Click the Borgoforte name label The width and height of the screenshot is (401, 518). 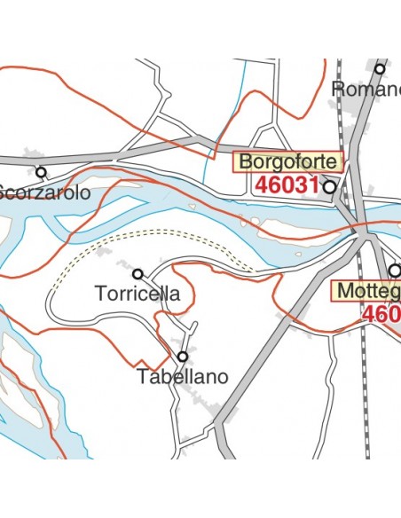(288, 162)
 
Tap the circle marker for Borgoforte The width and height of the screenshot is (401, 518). (330, 187)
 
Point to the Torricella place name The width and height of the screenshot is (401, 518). (138, 294)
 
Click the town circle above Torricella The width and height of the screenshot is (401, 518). (138, 273)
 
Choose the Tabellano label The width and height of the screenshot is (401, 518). (183, 377)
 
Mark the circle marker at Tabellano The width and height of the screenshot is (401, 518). (183, 357)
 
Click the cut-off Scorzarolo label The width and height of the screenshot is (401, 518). (44, 192)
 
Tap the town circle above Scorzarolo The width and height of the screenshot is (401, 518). (41, 171)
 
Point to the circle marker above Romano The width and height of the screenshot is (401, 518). (380, 68)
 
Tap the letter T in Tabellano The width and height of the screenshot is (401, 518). (143, 377)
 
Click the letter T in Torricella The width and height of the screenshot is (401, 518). (99, 294)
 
